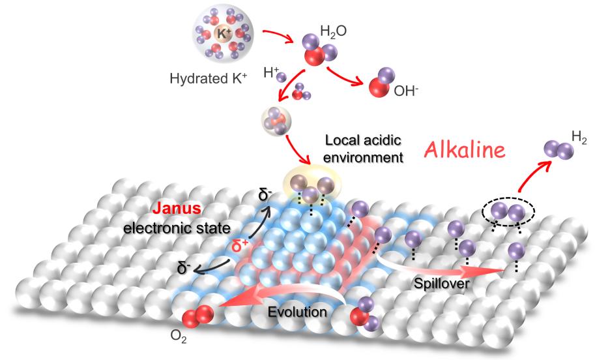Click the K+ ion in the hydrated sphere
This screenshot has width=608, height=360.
pyautogui.click(x=223, y=33)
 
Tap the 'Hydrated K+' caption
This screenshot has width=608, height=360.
pyautogui.click(x=209, y=78)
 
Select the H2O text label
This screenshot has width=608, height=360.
pyautogui.click(x=333, y=31)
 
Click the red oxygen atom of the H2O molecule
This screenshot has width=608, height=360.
pyautogui.click(x=314, y=56)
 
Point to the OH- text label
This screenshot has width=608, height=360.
pyautogui.click(x=406, y=91)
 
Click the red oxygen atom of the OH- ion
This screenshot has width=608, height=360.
pyautogui.click(x=379, y=87)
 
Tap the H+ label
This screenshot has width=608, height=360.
pyautogui.click(x=271, y=72)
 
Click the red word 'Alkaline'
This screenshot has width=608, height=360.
pyautogui.click(x=465, y=150)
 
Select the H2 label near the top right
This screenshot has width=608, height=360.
pyautogui.click(x=579, y=138)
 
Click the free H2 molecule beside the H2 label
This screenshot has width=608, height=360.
pyautogui.click(x=558, y=149)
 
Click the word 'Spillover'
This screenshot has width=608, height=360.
pyautogui.click(x=441, y=283)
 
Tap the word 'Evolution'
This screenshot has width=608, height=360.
pyautogui.click(x=297, y=312)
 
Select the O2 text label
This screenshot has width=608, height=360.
pyautogui.click(x=179, y=337)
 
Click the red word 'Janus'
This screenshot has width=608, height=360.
pyautogui.click(x=177, y=208)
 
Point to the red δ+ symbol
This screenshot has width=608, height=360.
pyautogui.click(x=240, y=246)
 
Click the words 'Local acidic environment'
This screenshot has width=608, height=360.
pyautogui.click(x=363, y=149)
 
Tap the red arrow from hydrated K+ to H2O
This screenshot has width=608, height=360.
pyautogui.click(x=279, y=35)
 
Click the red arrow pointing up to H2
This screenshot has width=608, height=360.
pyautogui.click(x=533, y=175)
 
